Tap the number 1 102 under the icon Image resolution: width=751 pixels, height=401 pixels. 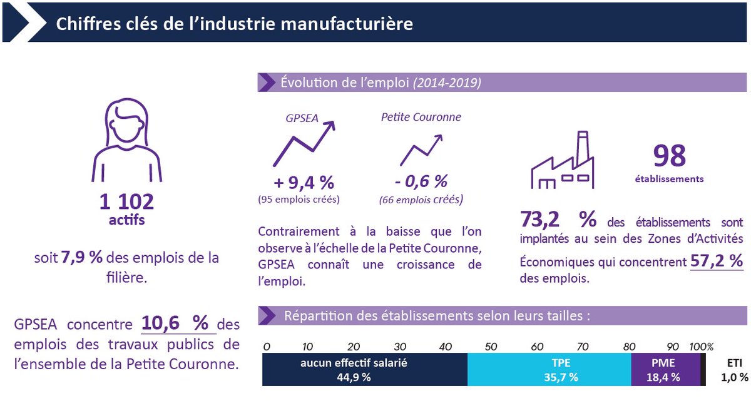pyautogui.click(x=126, y=201)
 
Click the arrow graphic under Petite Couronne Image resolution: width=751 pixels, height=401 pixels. pyautogui.click(x=421, y=151)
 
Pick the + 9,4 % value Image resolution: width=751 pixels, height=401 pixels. pyautogui.click(x=304, y=183)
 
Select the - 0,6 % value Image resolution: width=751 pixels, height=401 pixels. pyautogui.click(x=421, y=181)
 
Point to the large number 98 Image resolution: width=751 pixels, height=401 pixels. pyautogui.click(x=669, y=156)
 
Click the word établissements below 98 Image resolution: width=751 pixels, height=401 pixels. pyautogui.click(x=668, y=179)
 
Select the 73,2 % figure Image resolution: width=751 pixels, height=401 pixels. pyautogui.click(x=558, y=220)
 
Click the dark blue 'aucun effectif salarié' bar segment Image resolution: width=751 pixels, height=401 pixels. pyautogui.click(x=364, y=369)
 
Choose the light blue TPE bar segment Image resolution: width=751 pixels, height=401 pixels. pyautogui.click(x=549, y=369)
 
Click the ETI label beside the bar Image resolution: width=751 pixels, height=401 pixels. pyautogui.click(x=734, y=362)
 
